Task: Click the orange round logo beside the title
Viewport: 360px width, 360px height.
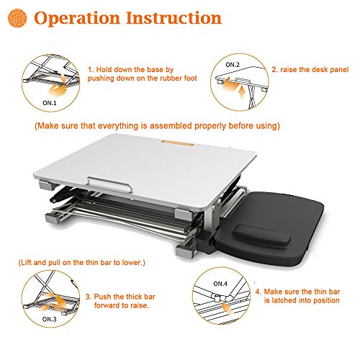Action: point(17,18)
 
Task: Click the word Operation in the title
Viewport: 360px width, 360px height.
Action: point(77,18)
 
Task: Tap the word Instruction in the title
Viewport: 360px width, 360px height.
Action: point(174,18)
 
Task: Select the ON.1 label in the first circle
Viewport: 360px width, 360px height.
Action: point(50,103)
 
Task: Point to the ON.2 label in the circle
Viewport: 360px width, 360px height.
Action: point(233,65)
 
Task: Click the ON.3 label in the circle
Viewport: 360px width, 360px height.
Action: point(49,319)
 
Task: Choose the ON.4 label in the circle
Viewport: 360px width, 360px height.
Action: point(220,284)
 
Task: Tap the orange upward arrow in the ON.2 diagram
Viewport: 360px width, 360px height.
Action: point(243,91)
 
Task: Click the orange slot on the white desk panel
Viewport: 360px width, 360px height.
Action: point(178,143)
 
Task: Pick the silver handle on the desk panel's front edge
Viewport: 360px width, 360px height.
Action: point(109,184)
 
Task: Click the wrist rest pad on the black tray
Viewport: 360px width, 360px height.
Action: point(262,235)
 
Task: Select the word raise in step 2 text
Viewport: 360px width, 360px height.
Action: point(289,70)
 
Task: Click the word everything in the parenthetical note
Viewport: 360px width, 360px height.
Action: point(118,126)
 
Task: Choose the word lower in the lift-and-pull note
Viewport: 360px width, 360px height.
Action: point(132,263)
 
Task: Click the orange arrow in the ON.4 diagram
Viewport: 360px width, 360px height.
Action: point(227,307)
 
